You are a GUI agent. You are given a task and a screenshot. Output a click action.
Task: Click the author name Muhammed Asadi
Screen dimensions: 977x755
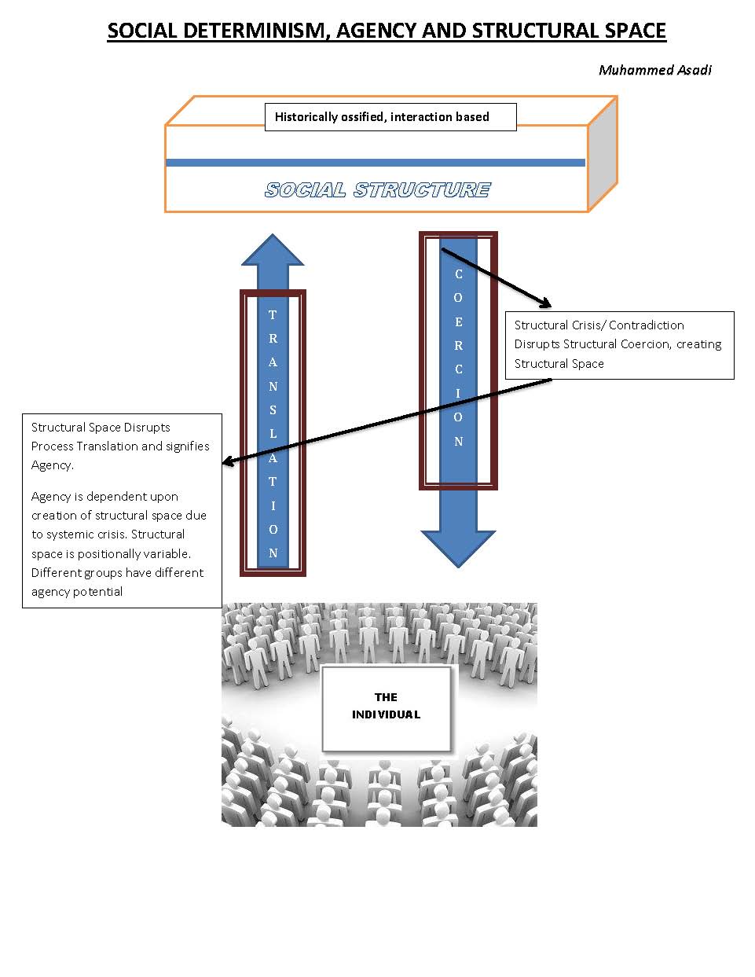654,70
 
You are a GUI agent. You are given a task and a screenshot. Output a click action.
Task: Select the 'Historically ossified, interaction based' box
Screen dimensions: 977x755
390,117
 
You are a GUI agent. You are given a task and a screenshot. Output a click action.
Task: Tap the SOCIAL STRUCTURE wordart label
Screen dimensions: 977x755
377,190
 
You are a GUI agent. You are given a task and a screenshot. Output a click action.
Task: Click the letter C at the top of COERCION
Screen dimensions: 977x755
459,274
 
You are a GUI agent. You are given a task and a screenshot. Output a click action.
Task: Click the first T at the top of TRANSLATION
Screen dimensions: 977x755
273,315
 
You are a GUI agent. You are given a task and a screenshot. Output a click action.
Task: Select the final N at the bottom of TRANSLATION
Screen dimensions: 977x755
273,553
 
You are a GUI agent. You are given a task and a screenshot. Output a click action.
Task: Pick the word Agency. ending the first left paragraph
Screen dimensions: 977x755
52,465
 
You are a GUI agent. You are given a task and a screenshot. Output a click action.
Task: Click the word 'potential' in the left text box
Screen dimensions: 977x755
98,592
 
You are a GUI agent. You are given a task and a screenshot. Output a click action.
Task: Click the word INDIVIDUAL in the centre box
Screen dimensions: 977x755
386,714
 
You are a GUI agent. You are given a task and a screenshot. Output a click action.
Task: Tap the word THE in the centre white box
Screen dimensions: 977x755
386,697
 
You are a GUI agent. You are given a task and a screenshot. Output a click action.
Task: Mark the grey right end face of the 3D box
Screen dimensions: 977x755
603,153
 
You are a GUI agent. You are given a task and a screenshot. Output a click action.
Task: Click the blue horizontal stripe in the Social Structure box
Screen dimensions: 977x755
375,163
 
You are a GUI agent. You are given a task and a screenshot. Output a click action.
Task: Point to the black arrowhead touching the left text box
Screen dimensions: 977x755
228,462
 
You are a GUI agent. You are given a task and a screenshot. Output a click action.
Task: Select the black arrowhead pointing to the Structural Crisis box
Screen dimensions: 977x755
545,303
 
